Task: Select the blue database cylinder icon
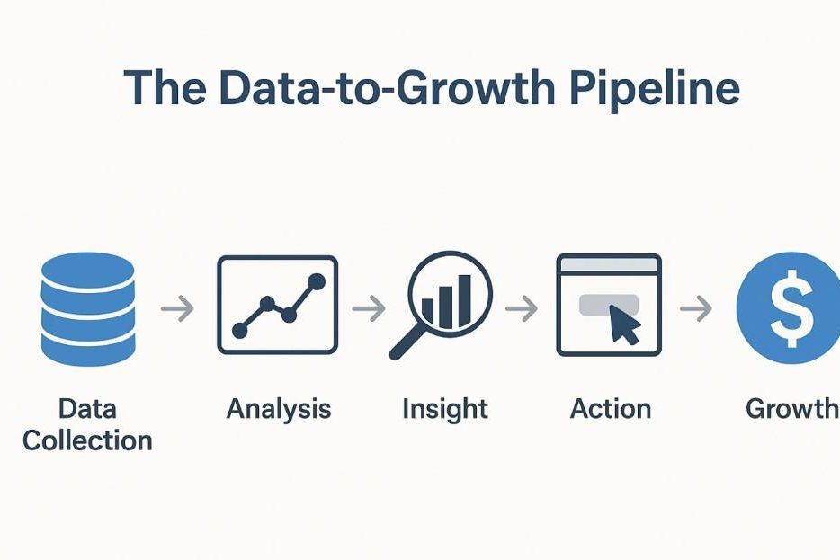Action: point(88,309)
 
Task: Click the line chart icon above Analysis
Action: point(278,305)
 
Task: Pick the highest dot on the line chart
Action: point(317,281)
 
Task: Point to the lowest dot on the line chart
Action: point(239,330)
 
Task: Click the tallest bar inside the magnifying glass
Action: point(464,300)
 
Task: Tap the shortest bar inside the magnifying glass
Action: point(427,312)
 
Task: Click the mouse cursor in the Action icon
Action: point(623,324)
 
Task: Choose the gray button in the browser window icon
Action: point(609,305)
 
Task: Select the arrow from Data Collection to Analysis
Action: point(177,308)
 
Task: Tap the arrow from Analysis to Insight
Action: point(369,308)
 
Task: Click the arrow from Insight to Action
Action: point(522,308)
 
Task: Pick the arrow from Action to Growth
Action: point(696,308)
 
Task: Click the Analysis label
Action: point(279,410)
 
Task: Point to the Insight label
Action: point(445,410)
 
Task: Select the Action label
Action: point(610,409)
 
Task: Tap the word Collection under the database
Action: point(88,440)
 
